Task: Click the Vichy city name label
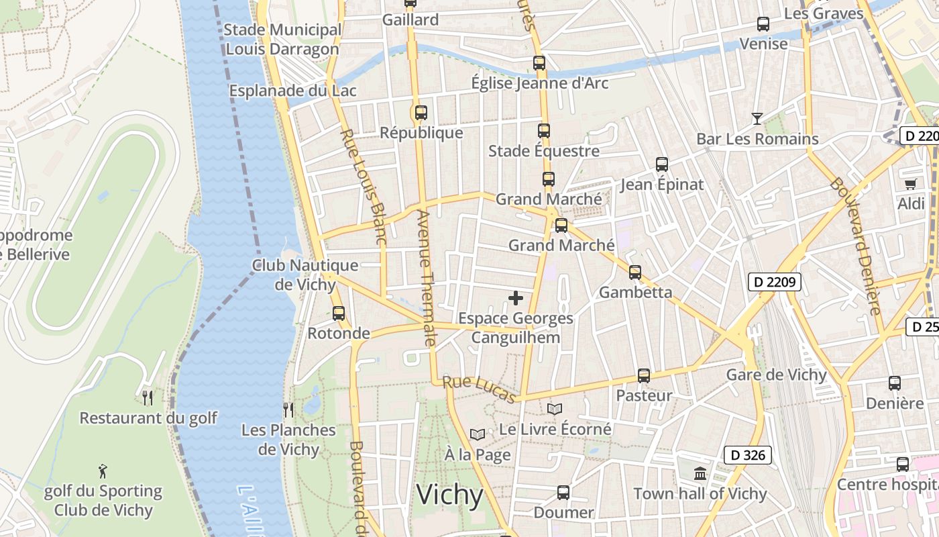coord(449,495)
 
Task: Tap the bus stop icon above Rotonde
coord(339,313)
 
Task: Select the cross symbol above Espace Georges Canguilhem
coord(516,297)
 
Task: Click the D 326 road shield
coord(748,455)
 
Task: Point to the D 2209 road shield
coord(775,282)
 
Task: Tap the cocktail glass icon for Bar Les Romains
coord(757,119)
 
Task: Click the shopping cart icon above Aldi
coord(910,184)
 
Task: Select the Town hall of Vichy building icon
coord(700,473)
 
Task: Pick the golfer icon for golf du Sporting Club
coord(103,471)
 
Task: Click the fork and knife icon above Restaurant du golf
coord(148,397)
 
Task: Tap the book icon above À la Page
coord(477,435)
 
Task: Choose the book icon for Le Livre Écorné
coord(555,409)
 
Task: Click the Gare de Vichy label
coord(776,375)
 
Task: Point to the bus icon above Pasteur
coord(644,376)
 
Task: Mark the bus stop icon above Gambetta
coord(635,273)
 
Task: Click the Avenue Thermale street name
coord(427,278)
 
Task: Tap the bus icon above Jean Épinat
coord(662,164)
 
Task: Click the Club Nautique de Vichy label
coord(305,275)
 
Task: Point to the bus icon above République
coord(421,113)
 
